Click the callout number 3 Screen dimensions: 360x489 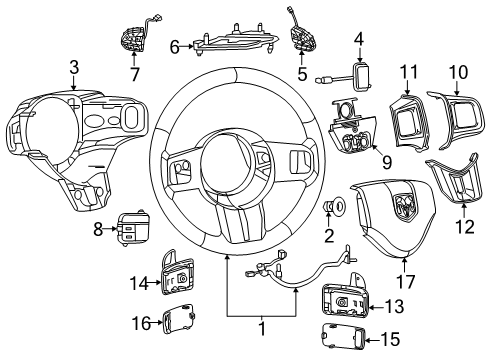click(x=74, y=67)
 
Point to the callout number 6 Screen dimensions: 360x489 click(x=174, y=45)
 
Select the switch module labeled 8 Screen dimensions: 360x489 click(x=130, y=229)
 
